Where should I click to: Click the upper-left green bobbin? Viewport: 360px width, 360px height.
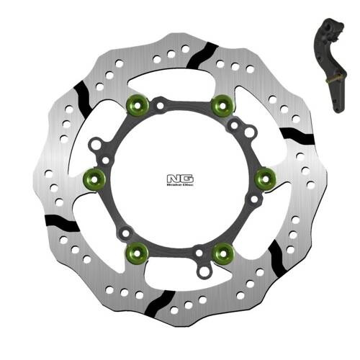pos(135,107)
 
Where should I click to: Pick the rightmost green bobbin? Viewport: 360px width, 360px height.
pos(264,176)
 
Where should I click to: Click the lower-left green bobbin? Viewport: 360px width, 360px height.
pos(136,251)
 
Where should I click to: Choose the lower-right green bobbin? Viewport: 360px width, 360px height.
pos(224,251)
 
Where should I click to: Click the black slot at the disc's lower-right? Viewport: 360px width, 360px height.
pos(275,253)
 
